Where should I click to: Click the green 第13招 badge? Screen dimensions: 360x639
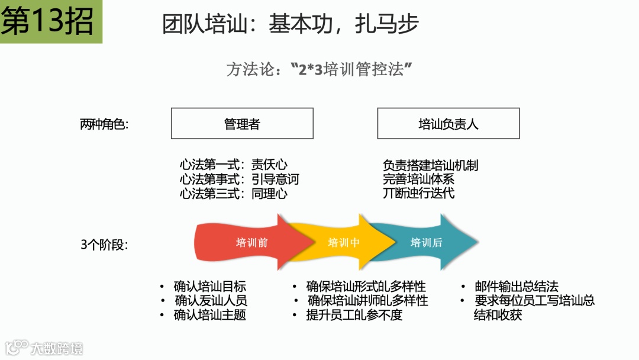pyautogui.click(x=50, y=21)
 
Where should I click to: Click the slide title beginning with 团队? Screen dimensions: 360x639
pyautogui.click(x=291, y=24)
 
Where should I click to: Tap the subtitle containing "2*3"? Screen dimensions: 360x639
pyautogui.click(x=319, y=69)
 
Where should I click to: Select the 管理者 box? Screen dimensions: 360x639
pyautogui.click(x=242, y=124)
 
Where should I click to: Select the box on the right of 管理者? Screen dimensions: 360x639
pyautogui.click(x=448, y=124)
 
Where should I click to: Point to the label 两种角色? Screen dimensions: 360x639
pyautogui.click(x=104, y=124)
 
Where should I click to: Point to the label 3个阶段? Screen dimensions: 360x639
pyautogui.click(x=104, y=244)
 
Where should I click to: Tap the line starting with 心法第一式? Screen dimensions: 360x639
pyautogui.click(x=234, y=165)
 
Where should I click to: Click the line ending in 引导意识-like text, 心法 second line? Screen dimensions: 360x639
pyautogui.click(x=240, y=179)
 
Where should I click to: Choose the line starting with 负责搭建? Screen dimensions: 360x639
pyautogui.click(x=430, y=165)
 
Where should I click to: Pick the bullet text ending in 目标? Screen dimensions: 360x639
pyautogui.click(x=209, y=286)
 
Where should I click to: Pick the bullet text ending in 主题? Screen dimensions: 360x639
pyautogui.click(x=209, y=315)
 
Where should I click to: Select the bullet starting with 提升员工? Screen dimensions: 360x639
pyautogui.click(x=354, y=315)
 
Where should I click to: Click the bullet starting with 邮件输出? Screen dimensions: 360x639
pyautogui.click(x=516, y=286)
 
